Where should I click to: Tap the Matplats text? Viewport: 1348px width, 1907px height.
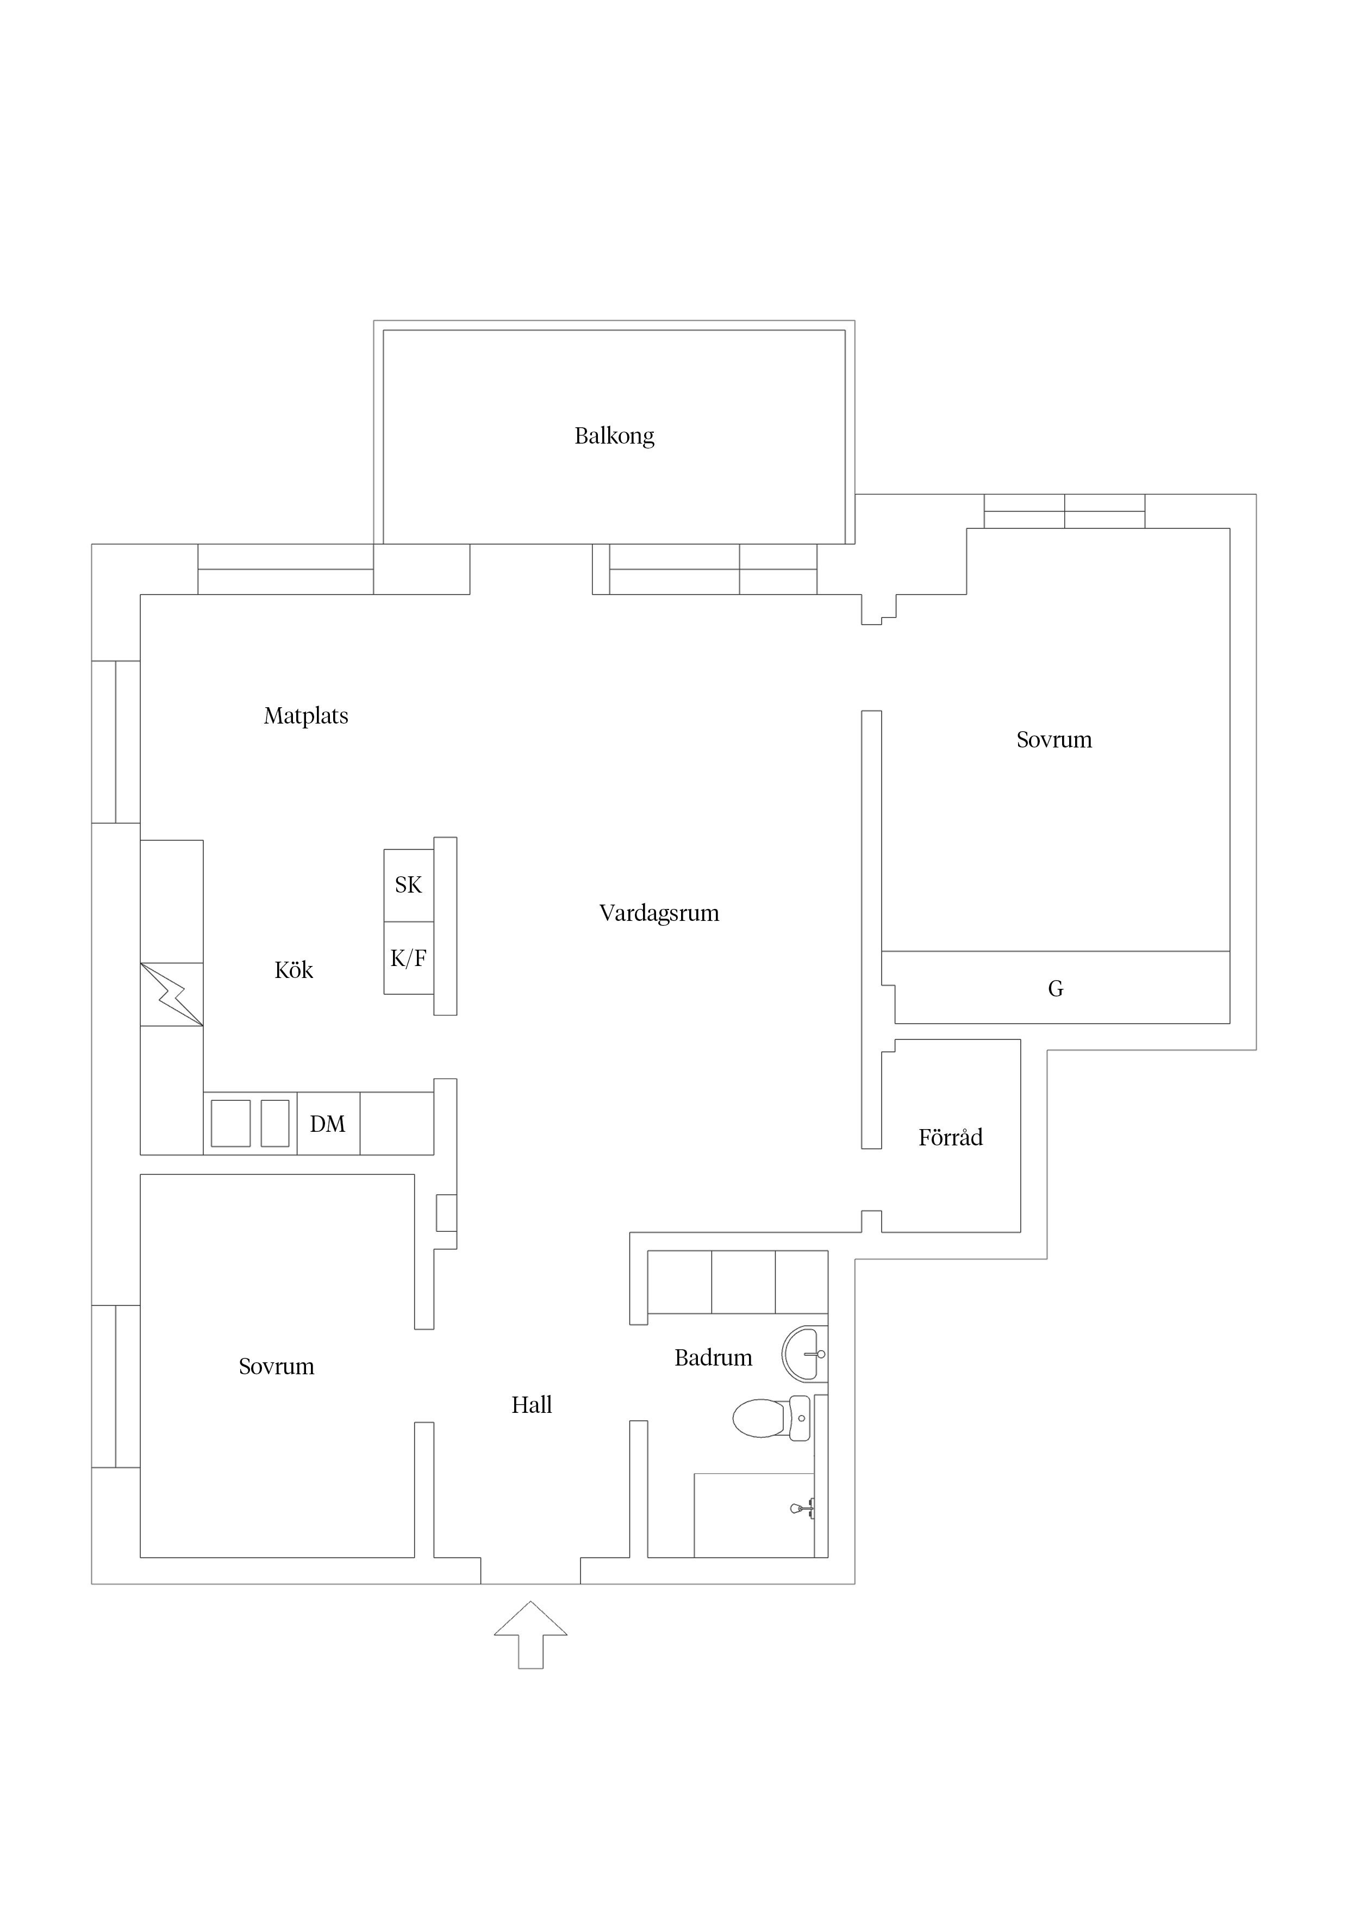(305, 716)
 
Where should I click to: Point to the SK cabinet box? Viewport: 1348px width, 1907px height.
(409, 886)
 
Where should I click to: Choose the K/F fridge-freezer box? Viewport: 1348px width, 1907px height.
(409, 958)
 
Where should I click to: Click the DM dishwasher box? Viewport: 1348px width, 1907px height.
(328, 1124)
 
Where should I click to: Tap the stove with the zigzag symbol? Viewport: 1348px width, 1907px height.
(172, 994)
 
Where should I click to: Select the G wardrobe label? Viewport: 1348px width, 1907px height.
(1056, 988)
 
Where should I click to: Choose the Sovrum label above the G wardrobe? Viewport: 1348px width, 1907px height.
(1054, 740)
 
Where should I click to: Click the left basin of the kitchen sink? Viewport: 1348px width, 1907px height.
(231, 1123)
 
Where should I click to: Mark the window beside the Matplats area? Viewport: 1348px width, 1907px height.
(115, 741)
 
